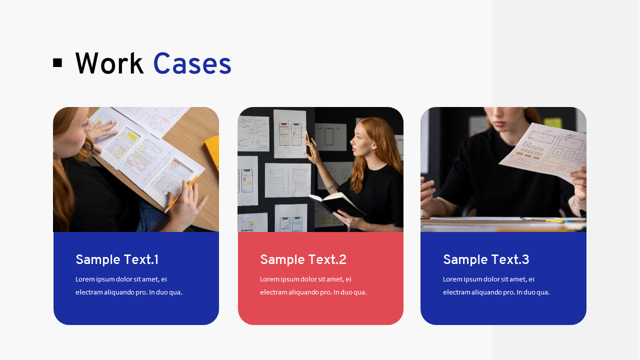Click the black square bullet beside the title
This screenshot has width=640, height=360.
click(x=57, y=63)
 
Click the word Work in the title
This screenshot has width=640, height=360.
click(x=109, y=64)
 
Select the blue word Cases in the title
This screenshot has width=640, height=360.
click(x=192, y=64)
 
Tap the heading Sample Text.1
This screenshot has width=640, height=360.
click(x=117, y=260)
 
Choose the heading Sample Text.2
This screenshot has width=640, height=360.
click(x=303, y=260)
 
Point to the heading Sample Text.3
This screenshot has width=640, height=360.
click(x=486, y=260)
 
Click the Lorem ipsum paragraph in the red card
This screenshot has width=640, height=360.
click(x=313, y=285)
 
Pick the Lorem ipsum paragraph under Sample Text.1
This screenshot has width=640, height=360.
click(x=128, y=285)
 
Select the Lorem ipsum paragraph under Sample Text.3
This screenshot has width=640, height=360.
click(x=496, y=285)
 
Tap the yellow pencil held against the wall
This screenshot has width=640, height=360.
click(x=309, y=145)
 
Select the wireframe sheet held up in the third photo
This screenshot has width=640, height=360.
click(x=545, y=150)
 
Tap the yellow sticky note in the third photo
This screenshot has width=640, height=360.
click(x=552, y=122)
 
